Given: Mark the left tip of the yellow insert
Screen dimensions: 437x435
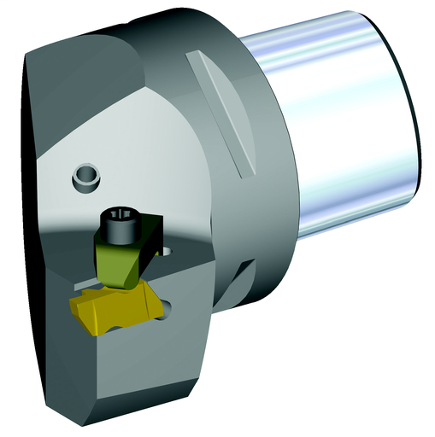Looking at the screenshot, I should point(70,300).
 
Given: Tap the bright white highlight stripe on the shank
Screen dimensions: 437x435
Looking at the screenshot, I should point(342,51).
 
